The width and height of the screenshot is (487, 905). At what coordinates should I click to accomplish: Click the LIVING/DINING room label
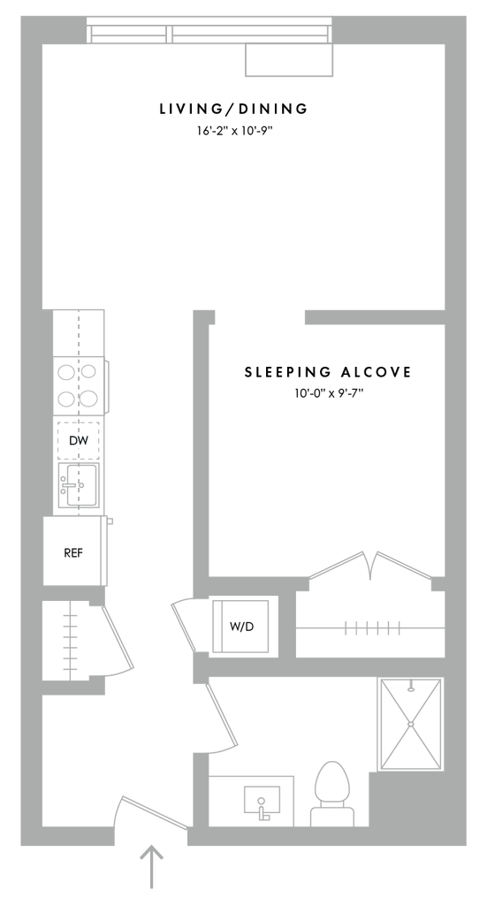[x=233, y=109]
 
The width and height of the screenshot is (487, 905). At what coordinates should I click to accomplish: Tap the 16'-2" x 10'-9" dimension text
[x=233, y=131]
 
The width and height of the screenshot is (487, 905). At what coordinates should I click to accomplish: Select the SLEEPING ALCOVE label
[x=328, y=372]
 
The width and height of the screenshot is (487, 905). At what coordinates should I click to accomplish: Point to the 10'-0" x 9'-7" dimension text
[x=328, y=395]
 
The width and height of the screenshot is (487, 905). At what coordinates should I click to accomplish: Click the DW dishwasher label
[x=79, y=441]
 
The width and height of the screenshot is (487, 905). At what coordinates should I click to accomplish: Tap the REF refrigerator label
[x=73, y=553]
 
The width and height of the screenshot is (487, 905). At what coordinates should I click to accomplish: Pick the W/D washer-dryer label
[x=241, y=627]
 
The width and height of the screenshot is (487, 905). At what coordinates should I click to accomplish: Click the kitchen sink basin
[x=79, y=484]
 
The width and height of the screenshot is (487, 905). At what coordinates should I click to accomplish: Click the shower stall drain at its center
[x=411, y=724]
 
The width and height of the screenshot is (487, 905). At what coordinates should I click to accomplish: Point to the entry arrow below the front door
[x=152, y=867]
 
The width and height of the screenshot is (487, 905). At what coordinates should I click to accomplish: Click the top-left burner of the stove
[x=65, y=372]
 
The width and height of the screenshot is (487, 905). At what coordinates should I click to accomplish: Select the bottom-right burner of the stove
[x=89, y=399]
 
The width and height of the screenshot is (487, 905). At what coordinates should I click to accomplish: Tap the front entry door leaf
[x=154, y=813]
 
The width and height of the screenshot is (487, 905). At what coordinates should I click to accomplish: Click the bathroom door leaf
[x=222, y=713]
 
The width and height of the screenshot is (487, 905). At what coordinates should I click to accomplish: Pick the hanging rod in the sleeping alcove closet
[x=370, y=628]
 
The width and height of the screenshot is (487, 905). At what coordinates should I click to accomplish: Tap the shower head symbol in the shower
[x=411, y=687]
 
